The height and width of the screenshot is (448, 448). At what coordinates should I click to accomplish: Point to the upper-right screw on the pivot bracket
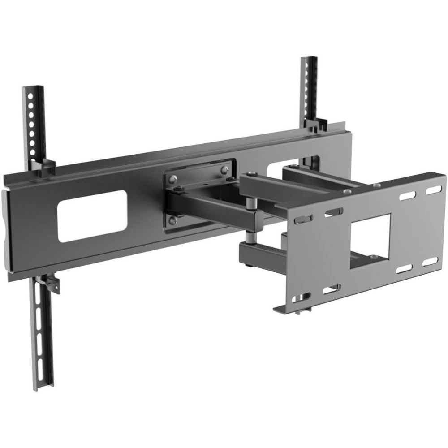pos(224,169)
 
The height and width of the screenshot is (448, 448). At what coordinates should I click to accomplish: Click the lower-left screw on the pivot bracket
pos(172,220)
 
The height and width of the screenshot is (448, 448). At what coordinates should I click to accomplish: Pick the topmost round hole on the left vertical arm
pos(30,95)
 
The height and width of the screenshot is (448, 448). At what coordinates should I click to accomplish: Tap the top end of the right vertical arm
pos(309,60)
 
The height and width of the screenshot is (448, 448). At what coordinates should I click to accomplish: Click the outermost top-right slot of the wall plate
pos(433,190)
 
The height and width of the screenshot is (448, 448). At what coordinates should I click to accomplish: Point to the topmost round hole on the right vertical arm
pos(307,66)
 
